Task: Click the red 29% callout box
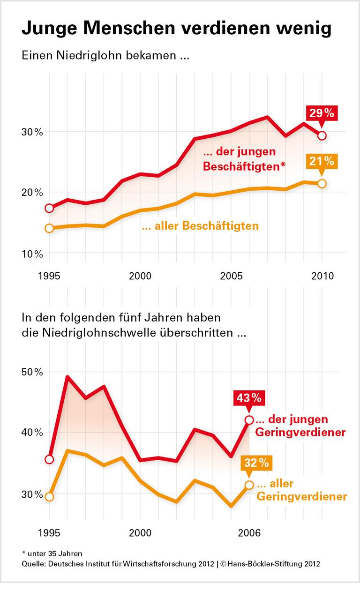coord(322,113)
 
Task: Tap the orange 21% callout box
coord(322,162)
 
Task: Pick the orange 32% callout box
coord(256,463)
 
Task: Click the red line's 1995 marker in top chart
coord(49,208)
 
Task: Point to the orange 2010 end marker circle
coord(322,183)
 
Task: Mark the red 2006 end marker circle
coord(249,420)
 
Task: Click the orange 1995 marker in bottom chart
coord(49,496)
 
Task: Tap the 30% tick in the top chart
coord(32,132)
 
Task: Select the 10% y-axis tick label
coord(32,254)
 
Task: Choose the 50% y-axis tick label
coord(32,372)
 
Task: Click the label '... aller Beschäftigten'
coord(200,226)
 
